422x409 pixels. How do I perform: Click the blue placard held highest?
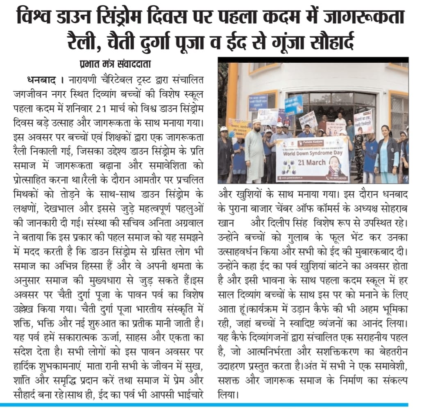tap(294, 105)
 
